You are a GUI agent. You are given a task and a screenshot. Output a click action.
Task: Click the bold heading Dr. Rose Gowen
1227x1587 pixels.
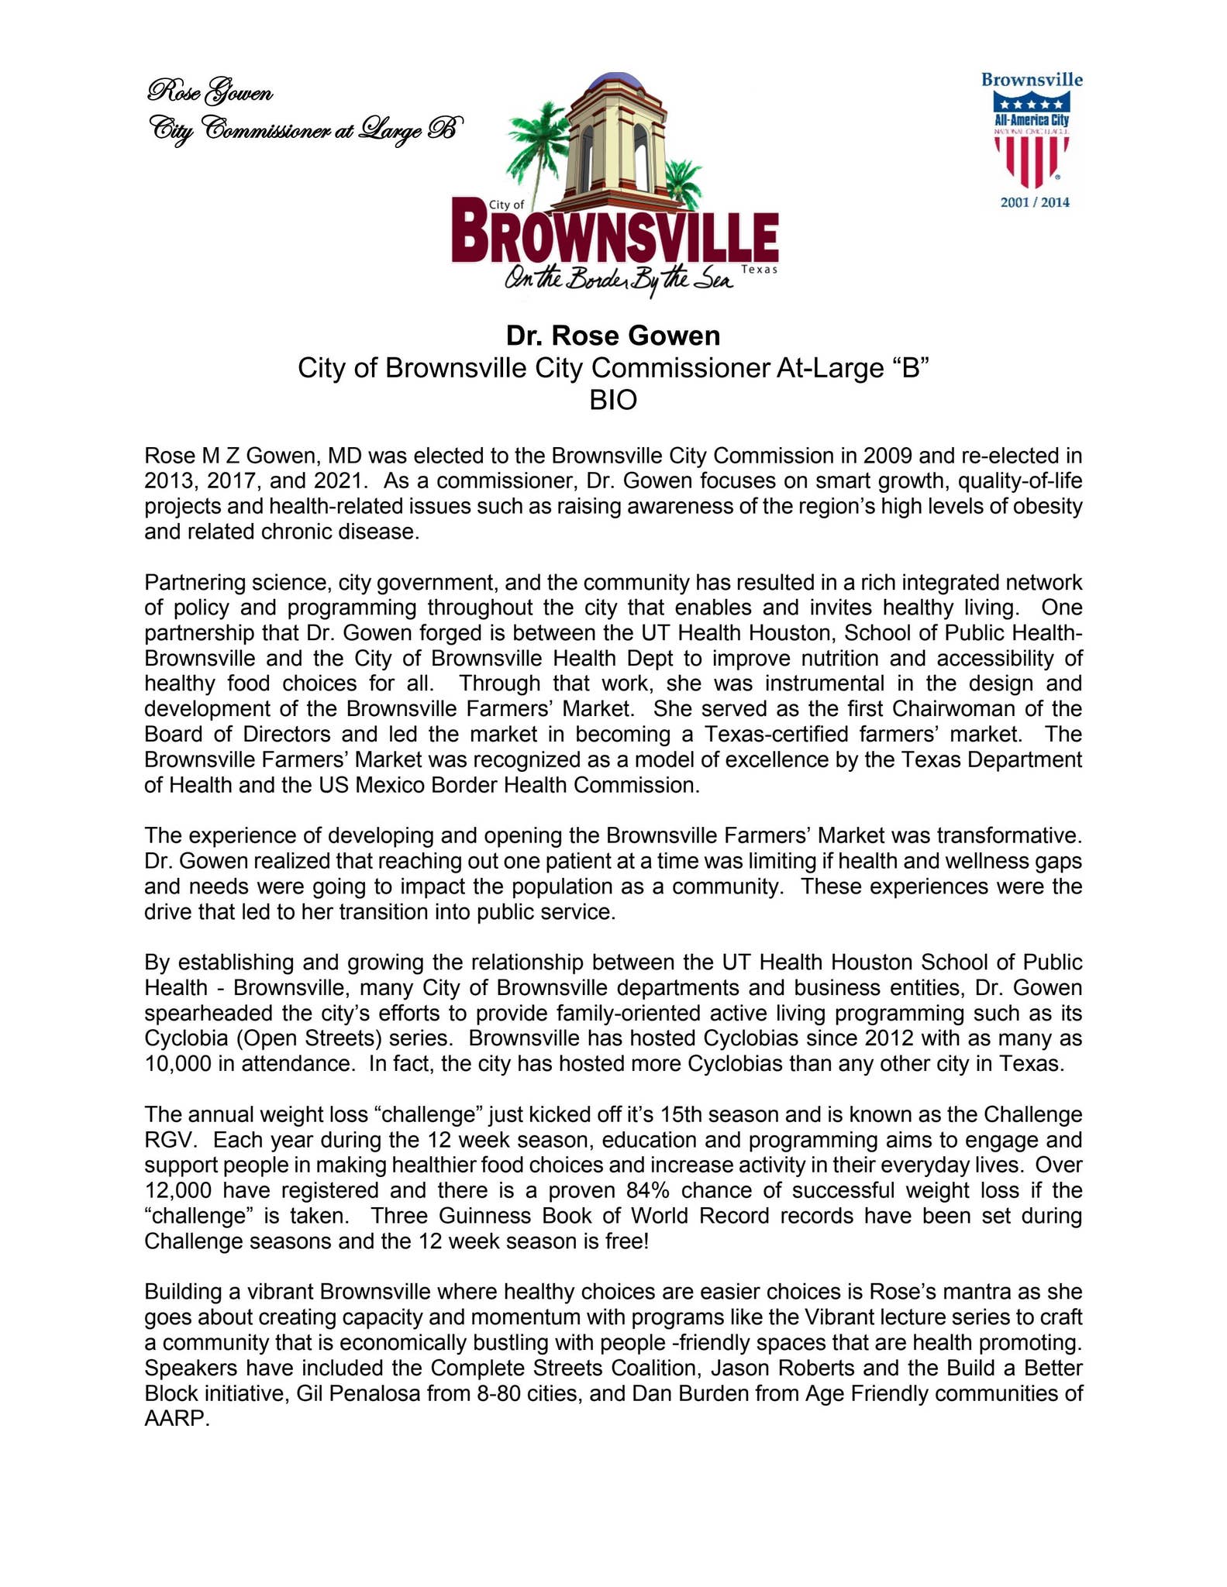[x=612, y=336]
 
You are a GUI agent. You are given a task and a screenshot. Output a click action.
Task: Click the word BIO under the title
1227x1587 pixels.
[x=612, y=400]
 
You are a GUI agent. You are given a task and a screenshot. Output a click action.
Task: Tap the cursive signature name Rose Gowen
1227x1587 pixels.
[x=209, y=93]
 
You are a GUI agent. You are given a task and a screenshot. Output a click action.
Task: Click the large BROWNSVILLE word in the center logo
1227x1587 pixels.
[x=615, y=232]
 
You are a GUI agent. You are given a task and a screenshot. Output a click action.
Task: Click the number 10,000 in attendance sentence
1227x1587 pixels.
[x=178, y=1063]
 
